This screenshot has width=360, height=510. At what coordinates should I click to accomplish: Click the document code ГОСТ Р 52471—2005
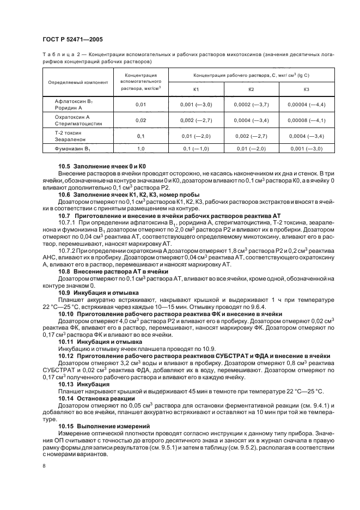[72, 40]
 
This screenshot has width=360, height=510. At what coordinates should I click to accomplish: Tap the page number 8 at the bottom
[44, 466]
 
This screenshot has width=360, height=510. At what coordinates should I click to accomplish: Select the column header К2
[251, 89]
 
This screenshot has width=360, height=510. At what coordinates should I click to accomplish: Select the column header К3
[306, 89]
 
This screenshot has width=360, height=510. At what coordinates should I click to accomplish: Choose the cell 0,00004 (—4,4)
[306, 104]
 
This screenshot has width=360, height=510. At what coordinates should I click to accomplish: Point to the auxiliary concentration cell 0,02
[141, 120]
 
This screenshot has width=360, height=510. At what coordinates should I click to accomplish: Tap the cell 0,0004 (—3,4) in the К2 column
[251, 120]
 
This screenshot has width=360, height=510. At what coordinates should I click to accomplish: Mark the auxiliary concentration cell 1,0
[141, 148]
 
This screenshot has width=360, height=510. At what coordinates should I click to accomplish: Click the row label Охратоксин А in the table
[72, 117]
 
